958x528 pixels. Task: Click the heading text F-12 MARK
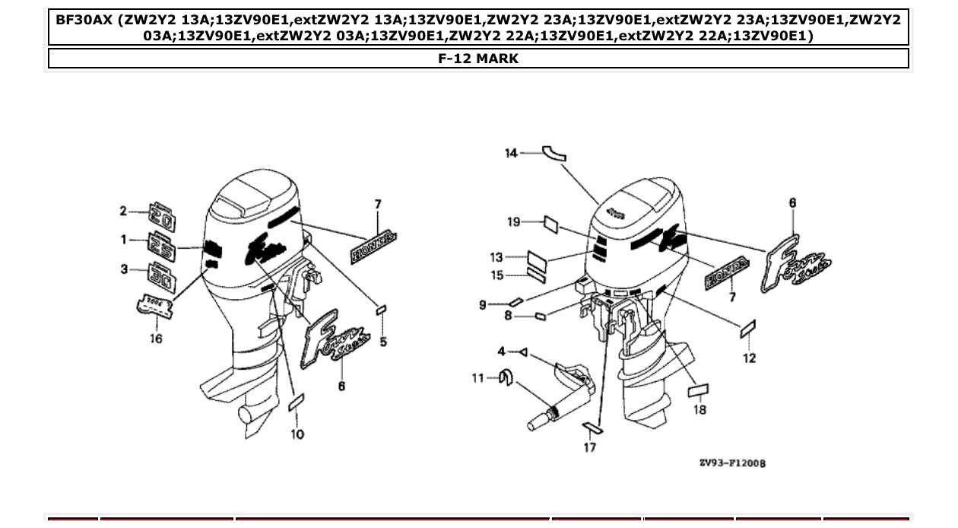tap(478, 59)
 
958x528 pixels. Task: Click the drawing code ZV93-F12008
tap(732, 463)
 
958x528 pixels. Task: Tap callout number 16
tap(155, 339)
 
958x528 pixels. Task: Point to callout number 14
tap(511, 154)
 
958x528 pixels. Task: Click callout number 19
tap(514, 222)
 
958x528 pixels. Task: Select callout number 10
tap(297, 434)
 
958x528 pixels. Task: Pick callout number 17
tap(590, 447)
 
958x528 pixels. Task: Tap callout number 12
tap(750, 358)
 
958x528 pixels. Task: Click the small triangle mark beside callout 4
tap(523, 352)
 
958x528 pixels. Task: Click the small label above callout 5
tap(382, 310)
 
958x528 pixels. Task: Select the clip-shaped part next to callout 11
tap(505, 376)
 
